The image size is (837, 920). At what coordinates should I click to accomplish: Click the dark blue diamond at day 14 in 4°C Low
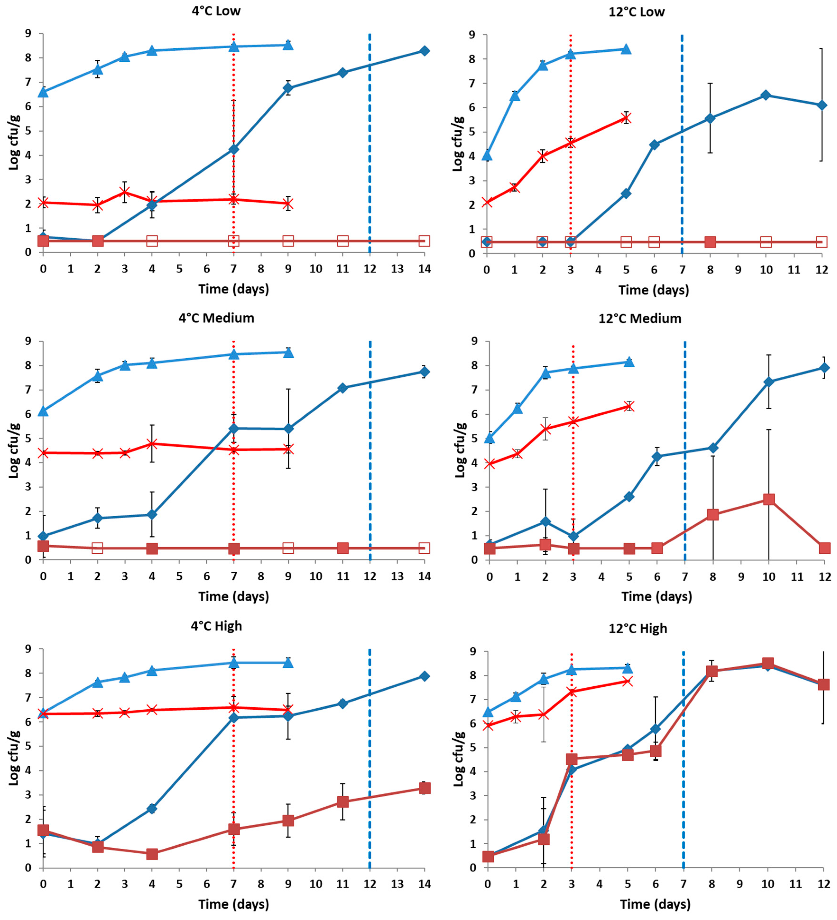click(x=424, y=51)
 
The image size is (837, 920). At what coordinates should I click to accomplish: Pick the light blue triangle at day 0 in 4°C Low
click(x=43, y=92)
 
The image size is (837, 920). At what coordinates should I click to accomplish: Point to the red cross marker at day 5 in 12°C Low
click(x=626, y=117)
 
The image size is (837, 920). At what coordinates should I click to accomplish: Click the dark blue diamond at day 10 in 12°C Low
click(x=766, y=95)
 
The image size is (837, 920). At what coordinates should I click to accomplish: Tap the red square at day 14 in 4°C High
click(x=424, y=788)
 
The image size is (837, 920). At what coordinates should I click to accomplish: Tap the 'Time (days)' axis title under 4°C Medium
click(x=234, y=596)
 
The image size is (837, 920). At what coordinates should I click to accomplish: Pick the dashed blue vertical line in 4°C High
click(x=369, y=759)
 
